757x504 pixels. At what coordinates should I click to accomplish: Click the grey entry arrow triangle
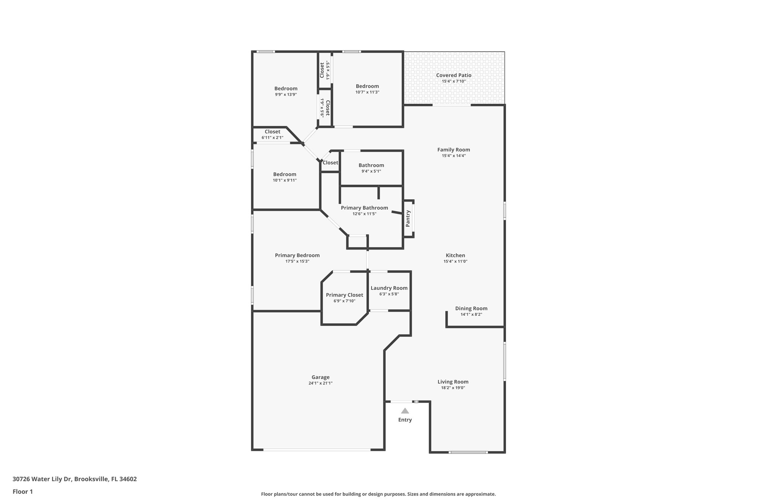coord(405,411)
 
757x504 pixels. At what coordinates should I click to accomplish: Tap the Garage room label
coord(320,377)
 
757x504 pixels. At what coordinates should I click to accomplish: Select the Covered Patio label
coord(454,75)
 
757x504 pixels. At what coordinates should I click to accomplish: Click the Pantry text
coord(408,218)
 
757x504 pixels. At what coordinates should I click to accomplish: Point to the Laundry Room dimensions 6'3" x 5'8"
coord(389,294)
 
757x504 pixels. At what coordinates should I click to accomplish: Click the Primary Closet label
coord(344,295)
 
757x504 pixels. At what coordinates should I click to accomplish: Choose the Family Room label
coord(454,150)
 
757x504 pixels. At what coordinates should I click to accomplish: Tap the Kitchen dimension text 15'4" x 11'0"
coord(455,261)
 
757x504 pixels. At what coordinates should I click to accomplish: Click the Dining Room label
coord(471,308)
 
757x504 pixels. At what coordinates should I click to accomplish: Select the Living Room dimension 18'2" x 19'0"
coord(453,388)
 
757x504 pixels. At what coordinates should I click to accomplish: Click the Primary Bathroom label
coord(364,208)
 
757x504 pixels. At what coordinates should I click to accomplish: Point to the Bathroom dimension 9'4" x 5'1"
coord(371,171)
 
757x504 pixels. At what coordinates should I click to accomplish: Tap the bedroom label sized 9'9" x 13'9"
coord(286,89)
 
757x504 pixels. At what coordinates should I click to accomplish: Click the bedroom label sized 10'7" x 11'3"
coord(367,86)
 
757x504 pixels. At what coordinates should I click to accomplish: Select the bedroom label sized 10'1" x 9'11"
coord(285,174)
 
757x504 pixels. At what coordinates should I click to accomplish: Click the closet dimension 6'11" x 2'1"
coord(272,138)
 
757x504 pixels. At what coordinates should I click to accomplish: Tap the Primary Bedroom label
coord(297,255)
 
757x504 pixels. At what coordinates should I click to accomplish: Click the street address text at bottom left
coord(75,479)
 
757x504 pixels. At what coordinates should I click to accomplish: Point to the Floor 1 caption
coord(23,491)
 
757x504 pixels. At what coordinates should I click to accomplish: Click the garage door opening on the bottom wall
coord(317,449)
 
